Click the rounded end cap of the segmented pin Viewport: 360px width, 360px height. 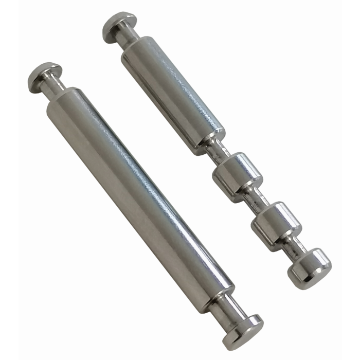309,267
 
